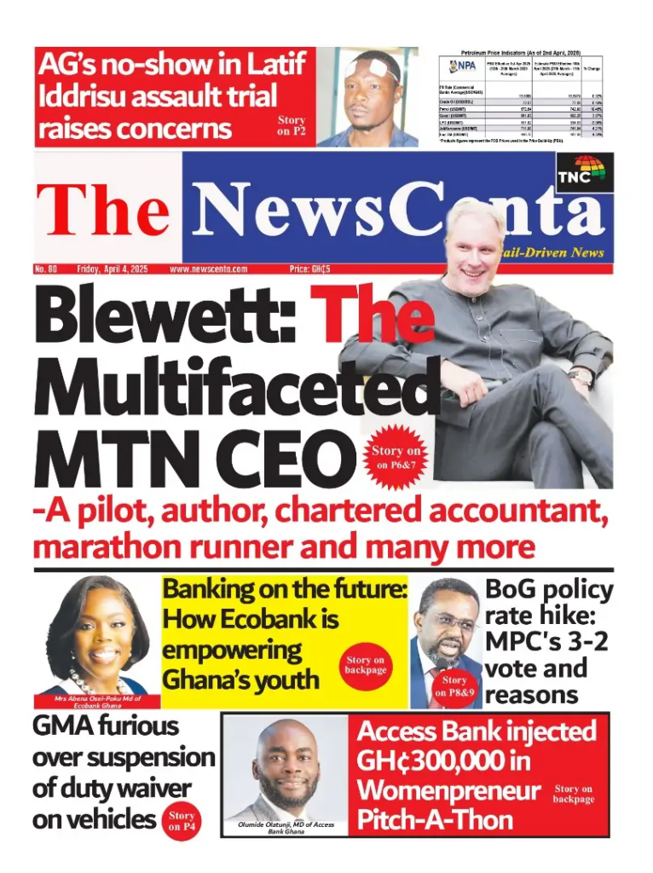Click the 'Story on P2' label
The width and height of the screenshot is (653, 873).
[291, 126]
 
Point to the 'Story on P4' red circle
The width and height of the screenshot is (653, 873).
[181, 820]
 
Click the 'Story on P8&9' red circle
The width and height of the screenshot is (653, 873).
[454, 686]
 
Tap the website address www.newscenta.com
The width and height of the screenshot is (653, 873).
[209, 269]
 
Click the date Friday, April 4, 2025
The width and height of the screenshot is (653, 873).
[113, 269]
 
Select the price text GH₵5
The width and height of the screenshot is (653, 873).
[309, 269]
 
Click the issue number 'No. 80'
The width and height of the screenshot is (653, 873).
[46, 269]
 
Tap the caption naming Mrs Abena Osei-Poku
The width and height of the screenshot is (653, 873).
[95, 702]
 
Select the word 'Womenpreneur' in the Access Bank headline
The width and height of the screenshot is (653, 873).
[448, 790]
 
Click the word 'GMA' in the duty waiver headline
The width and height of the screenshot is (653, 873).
[69, 726]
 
